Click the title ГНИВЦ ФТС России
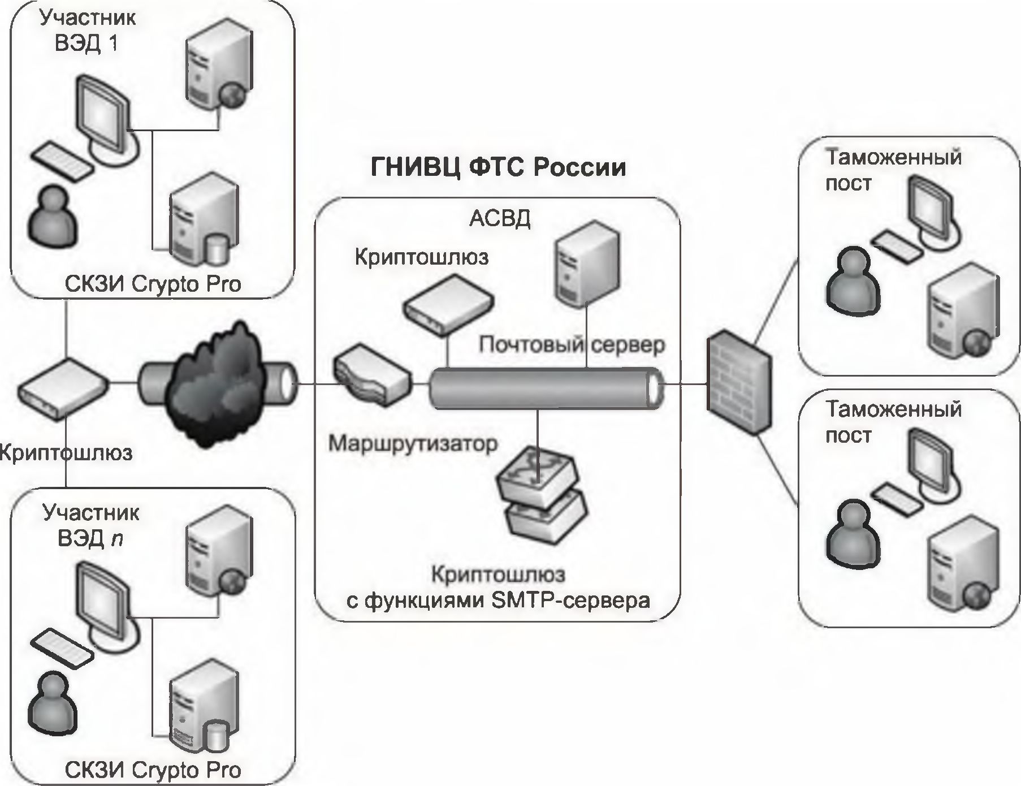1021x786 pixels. click(x=498, y=168)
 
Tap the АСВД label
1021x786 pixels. click(x=500, y=219)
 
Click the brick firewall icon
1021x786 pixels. click(x=738, y=382)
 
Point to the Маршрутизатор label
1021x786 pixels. click(x=413, y=444)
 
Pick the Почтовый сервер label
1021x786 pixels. click(x=572, y=344)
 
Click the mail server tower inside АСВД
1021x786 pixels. click(x=586, y=262)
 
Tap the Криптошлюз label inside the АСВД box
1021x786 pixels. click(x=421, y=257)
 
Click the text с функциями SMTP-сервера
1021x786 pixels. click(x=498, y=600)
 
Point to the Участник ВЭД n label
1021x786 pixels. click(x=90, y=525)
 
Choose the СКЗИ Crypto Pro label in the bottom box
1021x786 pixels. click(x=153, y=770)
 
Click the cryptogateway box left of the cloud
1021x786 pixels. click(x=63, y=390)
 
